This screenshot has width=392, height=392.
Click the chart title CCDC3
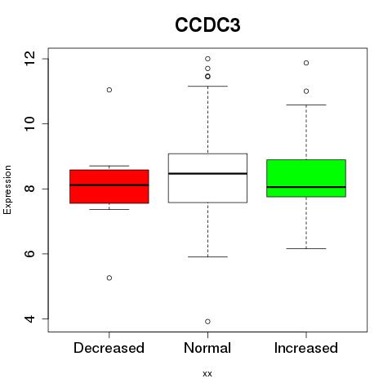point(207,25)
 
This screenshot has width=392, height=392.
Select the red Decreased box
point(109,186)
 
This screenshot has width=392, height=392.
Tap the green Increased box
point(306,178)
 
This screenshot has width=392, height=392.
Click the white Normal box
point(207,178)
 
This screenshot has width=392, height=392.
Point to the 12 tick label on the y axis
point(29,59)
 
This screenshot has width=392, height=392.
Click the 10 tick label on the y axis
point(29,124)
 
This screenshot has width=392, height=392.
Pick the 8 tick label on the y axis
point(29,189)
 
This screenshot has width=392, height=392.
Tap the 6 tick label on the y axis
point(29,254)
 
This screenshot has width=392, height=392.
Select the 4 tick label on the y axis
point(29,318)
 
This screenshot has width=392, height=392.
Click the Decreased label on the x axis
point(109,348)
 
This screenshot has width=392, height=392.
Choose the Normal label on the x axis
point(207,348)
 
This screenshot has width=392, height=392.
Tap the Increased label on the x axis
point(306,348)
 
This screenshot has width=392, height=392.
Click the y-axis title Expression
point(7,189)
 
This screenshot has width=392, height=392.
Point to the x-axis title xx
point(207,374)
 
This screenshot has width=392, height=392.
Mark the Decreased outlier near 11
point(109,90)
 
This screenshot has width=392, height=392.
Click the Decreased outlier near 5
point(109,278)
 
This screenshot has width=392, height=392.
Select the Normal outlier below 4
point(207,322)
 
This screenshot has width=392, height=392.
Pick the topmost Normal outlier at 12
point(207,59)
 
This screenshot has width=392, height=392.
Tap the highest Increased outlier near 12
point(306,63)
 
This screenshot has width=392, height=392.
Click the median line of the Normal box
point(207,173)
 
